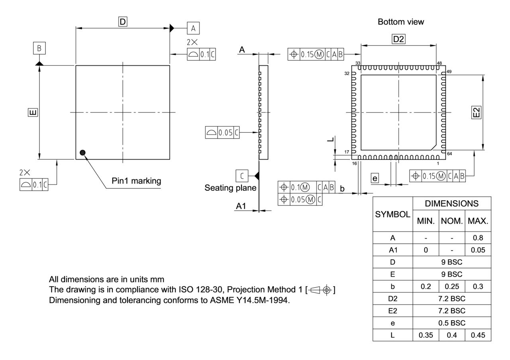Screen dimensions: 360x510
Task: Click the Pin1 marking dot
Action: coord(82,152)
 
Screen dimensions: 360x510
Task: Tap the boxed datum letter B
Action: coord(39,48)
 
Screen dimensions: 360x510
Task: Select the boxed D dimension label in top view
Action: coord(123,22)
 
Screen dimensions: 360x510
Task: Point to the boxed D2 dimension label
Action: coord(398,39)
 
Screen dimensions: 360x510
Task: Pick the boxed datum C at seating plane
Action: coord(242,175)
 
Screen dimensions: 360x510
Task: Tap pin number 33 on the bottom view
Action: coord(358,63)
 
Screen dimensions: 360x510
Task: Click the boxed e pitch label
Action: coord(375,178)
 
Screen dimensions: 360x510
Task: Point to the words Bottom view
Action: coord(401,22)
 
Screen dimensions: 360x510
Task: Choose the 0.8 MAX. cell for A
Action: coord(478,238)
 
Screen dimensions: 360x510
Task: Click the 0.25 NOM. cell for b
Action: coord(451,286)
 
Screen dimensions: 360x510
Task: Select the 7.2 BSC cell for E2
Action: coord(451,310)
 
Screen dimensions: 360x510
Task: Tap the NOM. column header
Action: coord(451,221)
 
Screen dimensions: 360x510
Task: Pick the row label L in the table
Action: coord(392,335)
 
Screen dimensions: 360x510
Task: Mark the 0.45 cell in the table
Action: coord(478,335)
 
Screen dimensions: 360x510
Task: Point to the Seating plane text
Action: coord(230,188)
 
